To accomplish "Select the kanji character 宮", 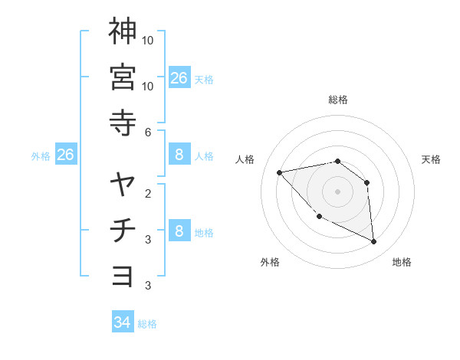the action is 123,77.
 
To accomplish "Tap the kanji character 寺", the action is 123,123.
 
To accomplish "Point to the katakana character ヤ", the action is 123,185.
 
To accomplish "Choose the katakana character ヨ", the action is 123,276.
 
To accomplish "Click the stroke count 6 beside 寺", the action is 148,133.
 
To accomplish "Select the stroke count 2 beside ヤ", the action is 148,193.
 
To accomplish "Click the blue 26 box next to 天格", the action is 179,77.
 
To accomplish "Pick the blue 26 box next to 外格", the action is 65,155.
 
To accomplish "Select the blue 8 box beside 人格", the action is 179,155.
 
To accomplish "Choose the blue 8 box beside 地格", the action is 179,231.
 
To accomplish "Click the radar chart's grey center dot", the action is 337,191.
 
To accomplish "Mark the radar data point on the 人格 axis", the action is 280,172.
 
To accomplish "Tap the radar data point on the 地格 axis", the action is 374,241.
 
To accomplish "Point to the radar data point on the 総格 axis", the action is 337,161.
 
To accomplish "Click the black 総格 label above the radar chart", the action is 338,100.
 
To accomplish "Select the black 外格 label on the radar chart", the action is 270,262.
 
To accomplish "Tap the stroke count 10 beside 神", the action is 148,40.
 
